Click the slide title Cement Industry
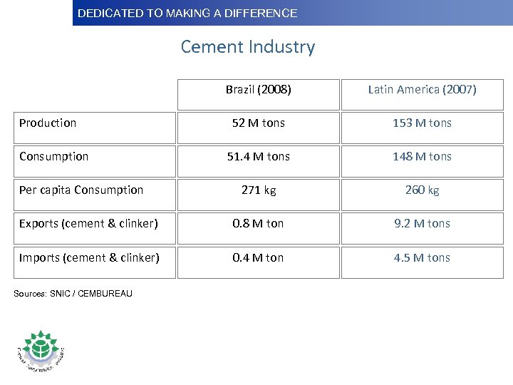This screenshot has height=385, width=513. pyautogui.click(x=247, y=47)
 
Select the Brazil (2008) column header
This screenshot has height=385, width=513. pyautogui.click(x=258, y=90)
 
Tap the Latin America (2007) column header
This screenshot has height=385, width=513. pyautogui.click(x=422, y=90)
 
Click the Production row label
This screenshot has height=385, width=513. pyautogui.click(x=48, y=123)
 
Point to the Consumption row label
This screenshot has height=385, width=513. pyautogui.click(x=54, y=156)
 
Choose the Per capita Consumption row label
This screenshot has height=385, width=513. pyautogui.click(x=81, y=190)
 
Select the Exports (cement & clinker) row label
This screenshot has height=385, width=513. pyautogui.click(x=88, y=223)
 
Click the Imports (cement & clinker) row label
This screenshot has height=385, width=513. pyautogui.click(x=89, y=257)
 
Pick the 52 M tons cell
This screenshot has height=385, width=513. pyautogui.click(x=258, y=123)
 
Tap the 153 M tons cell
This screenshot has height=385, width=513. pyautogui.click(x=422, y=123)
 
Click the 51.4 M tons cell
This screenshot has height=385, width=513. pyautogui.click(x=258, y=157)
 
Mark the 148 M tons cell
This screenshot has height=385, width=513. pyautogui.click(x=422, y=157)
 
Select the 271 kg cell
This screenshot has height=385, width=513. pyautogui.click(x=258, y=190)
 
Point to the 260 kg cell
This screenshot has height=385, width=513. pyautogui.click(x=422, y=190)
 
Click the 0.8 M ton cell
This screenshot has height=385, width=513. pyautogui.click(x=258, y=224)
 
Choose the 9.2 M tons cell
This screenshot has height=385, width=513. pyautogui.click(x=422, y=224)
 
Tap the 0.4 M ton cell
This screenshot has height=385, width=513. pyautogui.click(x=258, y=257)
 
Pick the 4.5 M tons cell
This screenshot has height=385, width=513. pyautogui.click(x=422, y=257)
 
